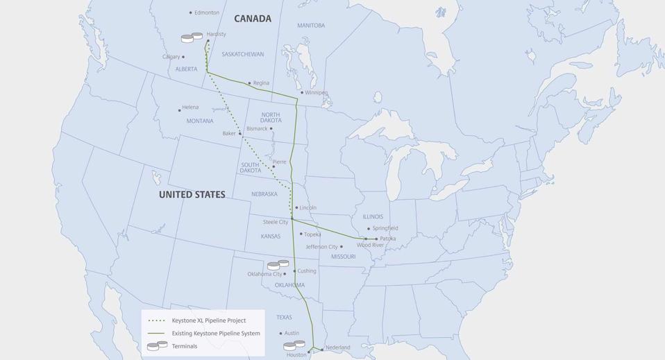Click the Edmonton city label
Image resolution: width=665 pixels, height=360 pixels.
click(x=207, y=12)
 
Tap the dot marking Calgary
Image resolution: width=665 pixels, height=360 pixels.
click(x=183, y=57)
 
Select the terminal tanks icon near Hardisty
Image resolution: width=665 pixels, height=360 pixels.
click(x=192, y=37)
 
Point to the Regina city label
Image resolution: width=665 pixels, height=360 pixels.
click(x=261, y=83)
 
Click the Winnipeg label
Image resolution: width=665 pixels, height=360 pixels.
click(x=317, y=92)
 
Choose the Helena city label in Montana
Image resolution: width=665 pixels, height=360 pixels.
click(x=190, y=108)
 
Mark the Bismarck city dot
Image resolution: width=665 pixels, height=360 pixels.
click(x=271, y=128)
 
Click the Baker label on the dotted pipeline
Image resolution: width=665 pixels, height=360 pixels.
click(x=229, y=133)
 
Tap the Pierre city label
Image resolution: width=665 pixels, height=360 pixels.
click(x=279, y=162)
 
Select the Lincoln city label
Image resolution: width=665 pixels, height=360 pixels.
click(x=308, y=207)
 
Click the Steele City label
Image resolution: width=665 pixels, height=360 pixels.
click(x=276, y=222)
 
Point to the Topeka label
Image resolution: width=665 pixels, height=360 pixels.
click(x=312, y=234)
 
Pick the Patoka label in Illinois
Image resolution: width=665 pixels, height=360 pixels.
click(x=388, y=239)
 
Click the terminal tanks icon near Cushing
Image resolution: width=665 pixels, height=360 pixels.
click(x=278, y=265)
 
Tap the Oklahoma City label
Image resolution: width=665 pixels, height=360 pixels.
click(x=264, y=274)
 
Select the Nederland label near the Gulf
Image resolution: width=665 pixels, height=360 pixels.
click(x=338, y=348)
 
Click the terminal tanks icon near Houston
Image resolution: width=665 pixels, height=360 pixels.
click(x=294, y=345)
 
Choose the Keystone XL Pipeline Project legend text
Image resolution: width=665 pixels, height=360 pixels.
click(x=208, y=320)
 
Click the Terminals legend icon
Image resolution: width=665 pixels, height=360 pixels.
click(x=157, y=345)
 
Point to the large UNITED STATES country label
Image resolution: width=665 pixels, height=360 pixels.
click(x=192, y=195)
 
